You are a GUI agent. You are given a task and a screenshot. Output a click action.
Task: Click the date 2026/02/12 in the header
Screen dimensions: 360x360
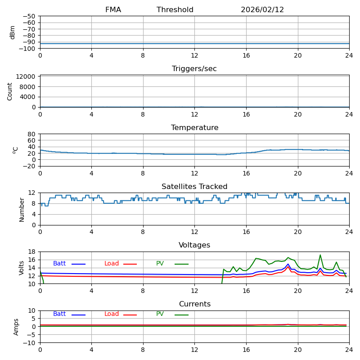(262, 10)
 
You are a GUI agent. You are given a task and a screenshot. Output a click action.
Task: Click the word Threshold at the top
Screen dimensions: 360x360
(175, 10)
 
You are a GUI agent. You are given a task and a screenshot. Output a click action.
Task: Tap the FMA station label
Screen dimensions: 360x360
(113, 10)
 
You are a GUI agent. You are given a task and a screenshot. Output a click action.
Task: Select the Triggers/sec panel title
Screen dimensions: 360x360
(194, 69)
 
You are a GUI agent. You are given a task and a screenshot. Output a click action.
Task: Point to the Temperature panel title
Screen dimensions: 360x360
(194, 128)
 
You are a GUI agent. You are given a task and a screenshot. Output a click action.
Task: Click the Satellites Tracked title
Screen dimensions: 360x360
(194, 187)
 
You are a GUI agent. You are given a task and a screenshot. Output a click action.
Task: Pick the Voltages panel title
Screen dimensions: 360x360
(194, 245)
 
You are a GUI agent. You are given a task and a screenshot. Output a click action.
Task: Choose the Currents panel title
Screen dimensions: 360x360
(194, 304)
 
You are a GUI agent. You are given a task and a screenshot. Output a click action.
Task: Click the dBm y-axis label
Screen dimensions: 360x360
(13, 32)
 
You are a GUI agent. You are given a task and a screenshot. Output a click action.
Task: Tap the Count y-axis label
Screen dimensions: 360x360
(10, 91)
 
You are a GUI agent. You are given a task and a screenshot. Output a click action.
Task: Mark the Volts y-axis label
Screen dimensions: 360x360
(22, 268)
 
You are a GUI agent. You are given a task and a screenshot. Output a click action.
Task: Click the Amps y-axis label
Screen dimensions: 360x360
(16, 327)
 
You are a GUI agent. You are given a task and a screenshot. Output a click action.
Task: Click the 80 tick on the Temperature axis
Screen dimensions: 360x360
(31, 134)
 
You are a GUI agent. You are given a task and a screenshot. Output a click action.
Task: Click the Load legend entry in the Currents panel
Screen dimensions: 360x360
(112, 314)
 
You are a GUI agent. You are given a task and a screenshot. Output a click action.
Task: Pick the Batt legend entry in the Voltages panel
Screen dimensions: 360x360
(59, 264)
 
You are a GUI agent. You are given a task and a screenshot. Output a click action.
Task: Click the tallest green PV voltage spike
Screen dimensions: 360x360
(320, 255)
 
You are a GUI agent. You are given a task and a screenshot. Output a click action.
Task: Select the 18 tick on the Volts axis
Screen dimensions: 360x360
(31, 252)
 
